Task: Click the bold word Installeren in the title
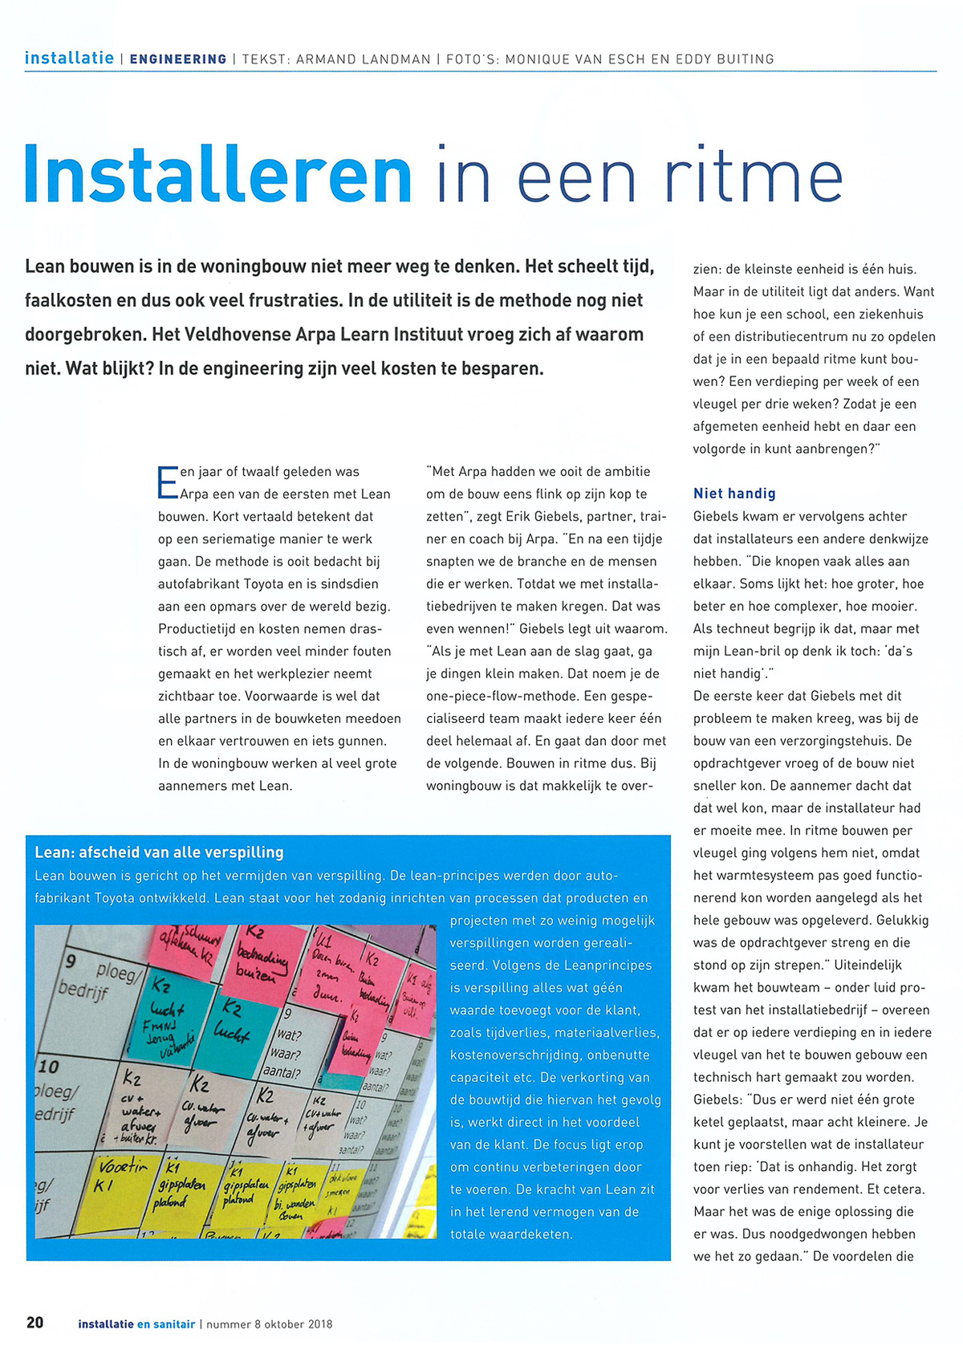click(218, 174)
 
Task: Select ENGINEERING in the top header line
click(178, 59)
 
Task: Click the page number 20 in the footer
click(35, 1323)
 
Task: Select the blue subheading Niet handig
click(734, 494)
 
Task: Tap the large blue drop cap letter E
click(168, 482)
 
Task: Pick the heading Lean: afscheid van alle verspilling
click(160, 852)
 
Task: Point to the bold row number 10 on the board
click(49, 1067)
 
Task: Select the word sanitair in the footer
click(174, 1324)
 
